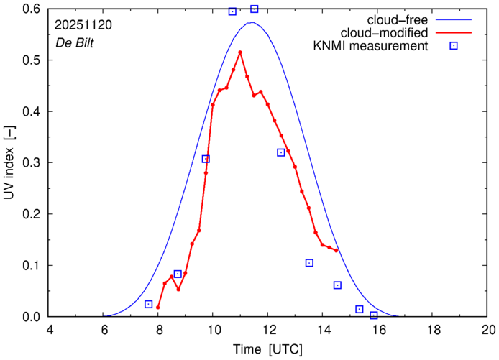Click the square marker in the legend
[x=454, y=47]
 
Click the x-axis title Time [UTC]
[x=267, y=349]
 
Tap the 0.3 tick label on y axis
[x=30, y=163]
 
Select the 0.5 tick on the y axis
[x=30, y=60]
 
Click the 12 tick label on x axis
[x=267, y=331]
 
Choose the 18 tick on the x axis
[x=433, y=331]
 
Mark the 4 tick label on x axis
[x=50, y=331]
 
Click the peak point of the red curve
[x=240, y=52]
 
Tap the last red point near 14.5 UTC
[x=337, y=250]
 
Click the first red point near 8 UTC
[x=157, y=308]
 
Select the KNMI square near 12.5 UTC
[x=281, y=152]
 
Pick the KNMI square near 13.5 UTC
[x=309, y=263]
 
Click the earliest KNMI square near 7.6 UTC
[x=149, y=304]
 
